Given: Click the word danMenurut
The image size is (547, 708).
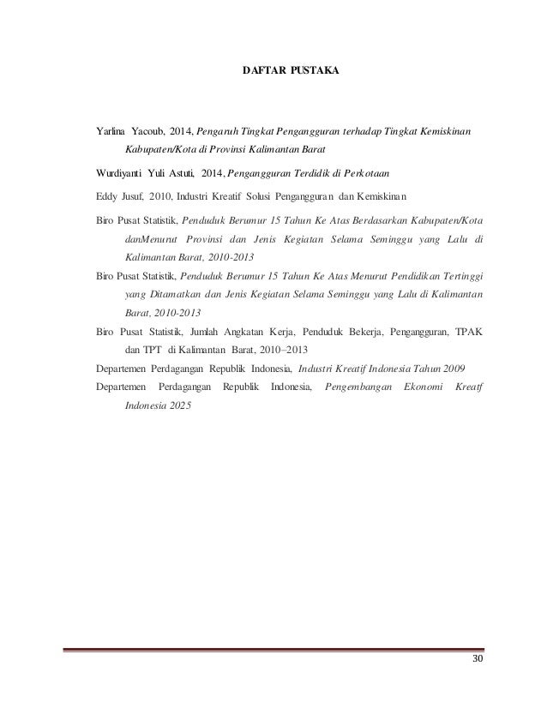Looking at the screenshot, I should [149, 238].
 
